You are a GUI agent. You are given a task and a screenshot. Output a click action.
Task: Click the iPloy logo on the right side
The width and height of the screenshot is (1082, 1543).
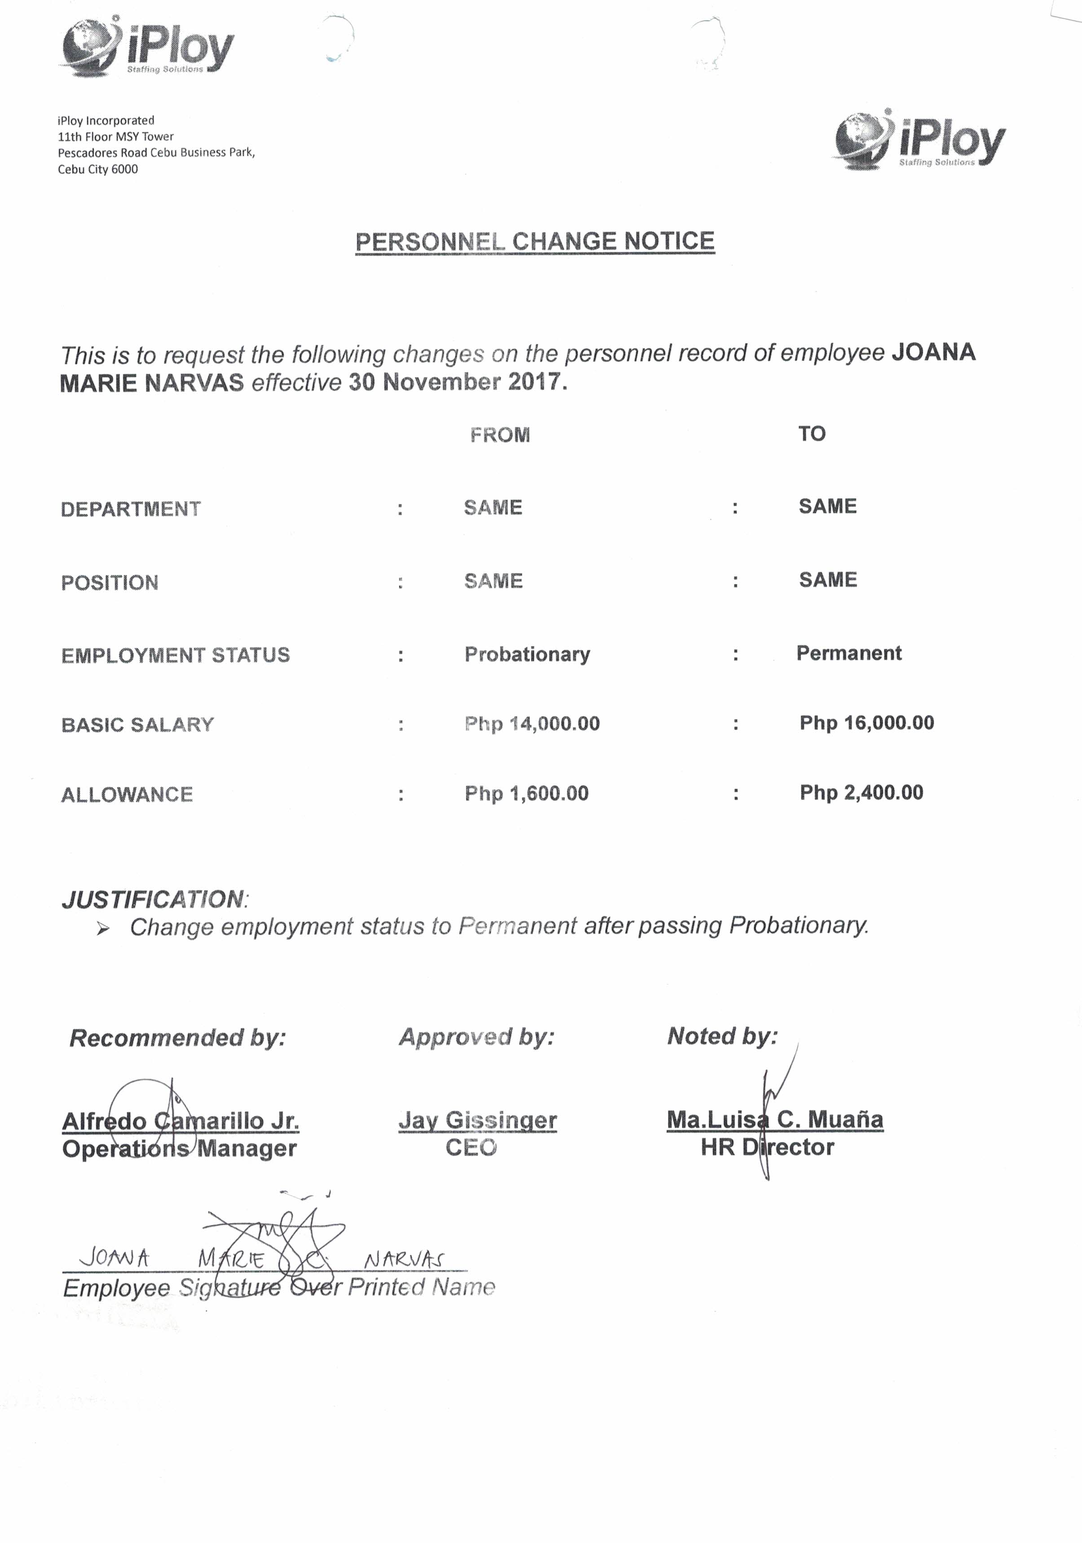pos(920,140)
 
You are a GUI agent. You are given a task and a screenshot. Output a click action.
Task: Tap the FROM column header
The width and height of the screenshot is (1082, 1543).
pos(499,435)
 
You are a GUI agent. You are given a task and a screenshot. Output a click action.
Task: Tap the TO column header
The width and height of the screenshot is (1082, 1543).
pos(812,434)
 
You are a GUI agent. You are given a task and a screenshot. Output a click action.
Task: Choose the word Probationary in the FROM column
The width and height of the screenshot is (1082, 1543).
pos(527,654)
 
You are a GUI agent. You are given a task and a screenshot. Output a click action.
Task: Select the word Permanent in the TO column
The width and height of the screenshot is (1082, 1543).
pos(848,653)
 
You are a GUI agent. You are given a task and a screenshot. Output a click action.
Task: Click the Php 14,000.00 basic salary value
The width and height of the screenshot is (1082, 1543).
pos(532,724)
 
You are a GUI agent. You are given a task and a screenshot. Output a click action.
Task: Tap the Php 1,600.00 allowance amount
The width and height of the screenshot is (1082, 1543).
pos(526,794)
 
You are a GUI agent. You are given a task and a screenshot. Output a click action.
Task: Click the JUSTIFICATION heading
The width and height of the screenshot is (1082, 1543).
pos(153,899)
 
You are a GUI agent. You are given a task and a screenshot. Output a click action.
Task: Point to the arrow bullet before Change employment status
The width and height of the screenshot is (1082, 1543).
pos(102,929)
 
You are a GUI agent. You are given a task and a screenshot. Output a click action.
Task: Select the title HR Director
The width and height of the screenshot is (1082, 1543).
pos(767,1147)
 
